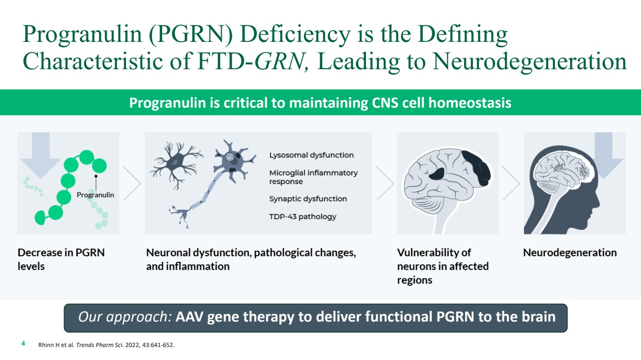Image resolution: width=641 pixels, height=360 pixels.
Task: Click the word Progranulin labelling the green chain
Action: click(x=95, y=195)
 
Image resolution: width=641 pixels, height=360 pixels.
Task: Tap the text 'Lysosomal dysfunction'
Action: click(x=311, y=155)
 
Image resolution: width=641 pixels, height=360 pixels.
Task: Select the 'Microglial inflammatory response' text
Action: click(x=314, y=177)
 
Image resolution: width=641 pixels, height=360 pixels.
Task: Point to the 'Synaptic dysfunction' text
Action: click(x=308, y=199)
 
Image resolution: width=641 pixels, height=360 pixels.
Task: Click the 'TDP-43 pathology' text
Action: click(x=302, y=217)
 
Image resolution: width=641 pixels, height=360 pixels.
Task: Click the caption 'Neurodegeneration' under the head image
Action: click(x=570, y=253)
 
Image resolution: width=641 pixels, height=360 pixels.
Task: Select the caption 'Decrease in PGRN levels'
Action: click(x=61, y=260)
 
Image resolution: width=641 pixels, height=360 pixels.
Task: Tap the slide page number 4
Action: click(x=23, y=343)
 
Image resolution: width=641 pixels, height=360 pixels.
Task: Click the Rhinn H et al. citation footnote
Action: click(x=106, y=345)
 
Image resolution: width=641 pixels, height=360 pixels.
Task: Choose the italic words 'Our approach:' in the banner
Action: click(x=125, y=317)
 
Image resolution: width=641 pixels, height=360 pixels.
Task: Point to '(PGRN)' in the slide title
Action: click(x=190, y=34)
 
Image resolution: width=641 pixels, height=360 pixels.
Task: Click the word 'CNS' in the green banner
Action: click(x=385, y=103)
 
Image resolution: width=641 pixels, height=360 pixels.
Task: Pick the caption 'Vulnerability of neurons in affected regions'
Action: click(x=443, y=266)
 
